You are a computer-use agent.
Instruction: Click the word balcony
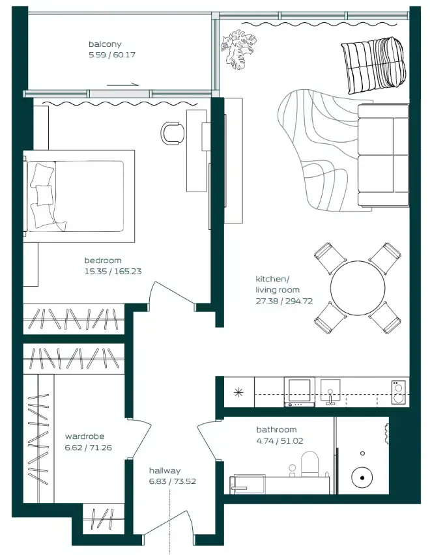coord(105,44)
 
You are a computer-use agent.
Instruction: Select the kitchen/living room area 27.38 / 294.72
coord(284,301)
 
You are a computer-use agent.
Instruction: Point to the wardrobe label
coord(85,436)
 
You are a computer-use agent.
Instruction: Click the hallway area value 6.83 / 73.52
coord(171,482)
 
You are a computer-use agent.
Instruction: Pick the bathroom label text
coord(276,430)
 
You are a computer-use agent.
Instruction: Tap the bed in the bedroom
coord(78,196)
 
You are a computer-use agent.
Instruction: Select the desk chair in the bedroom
coord(173,133)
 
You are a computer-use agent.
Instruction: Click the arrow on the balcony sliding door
coord(124,84)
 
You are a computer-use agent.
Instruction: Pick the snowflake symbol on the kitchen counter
coord(238,392)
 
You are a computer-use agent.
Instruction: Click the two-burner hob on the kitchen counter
coord(398,392)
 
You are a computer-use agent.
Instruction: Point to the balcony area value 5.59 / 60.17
coord(109,56)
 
